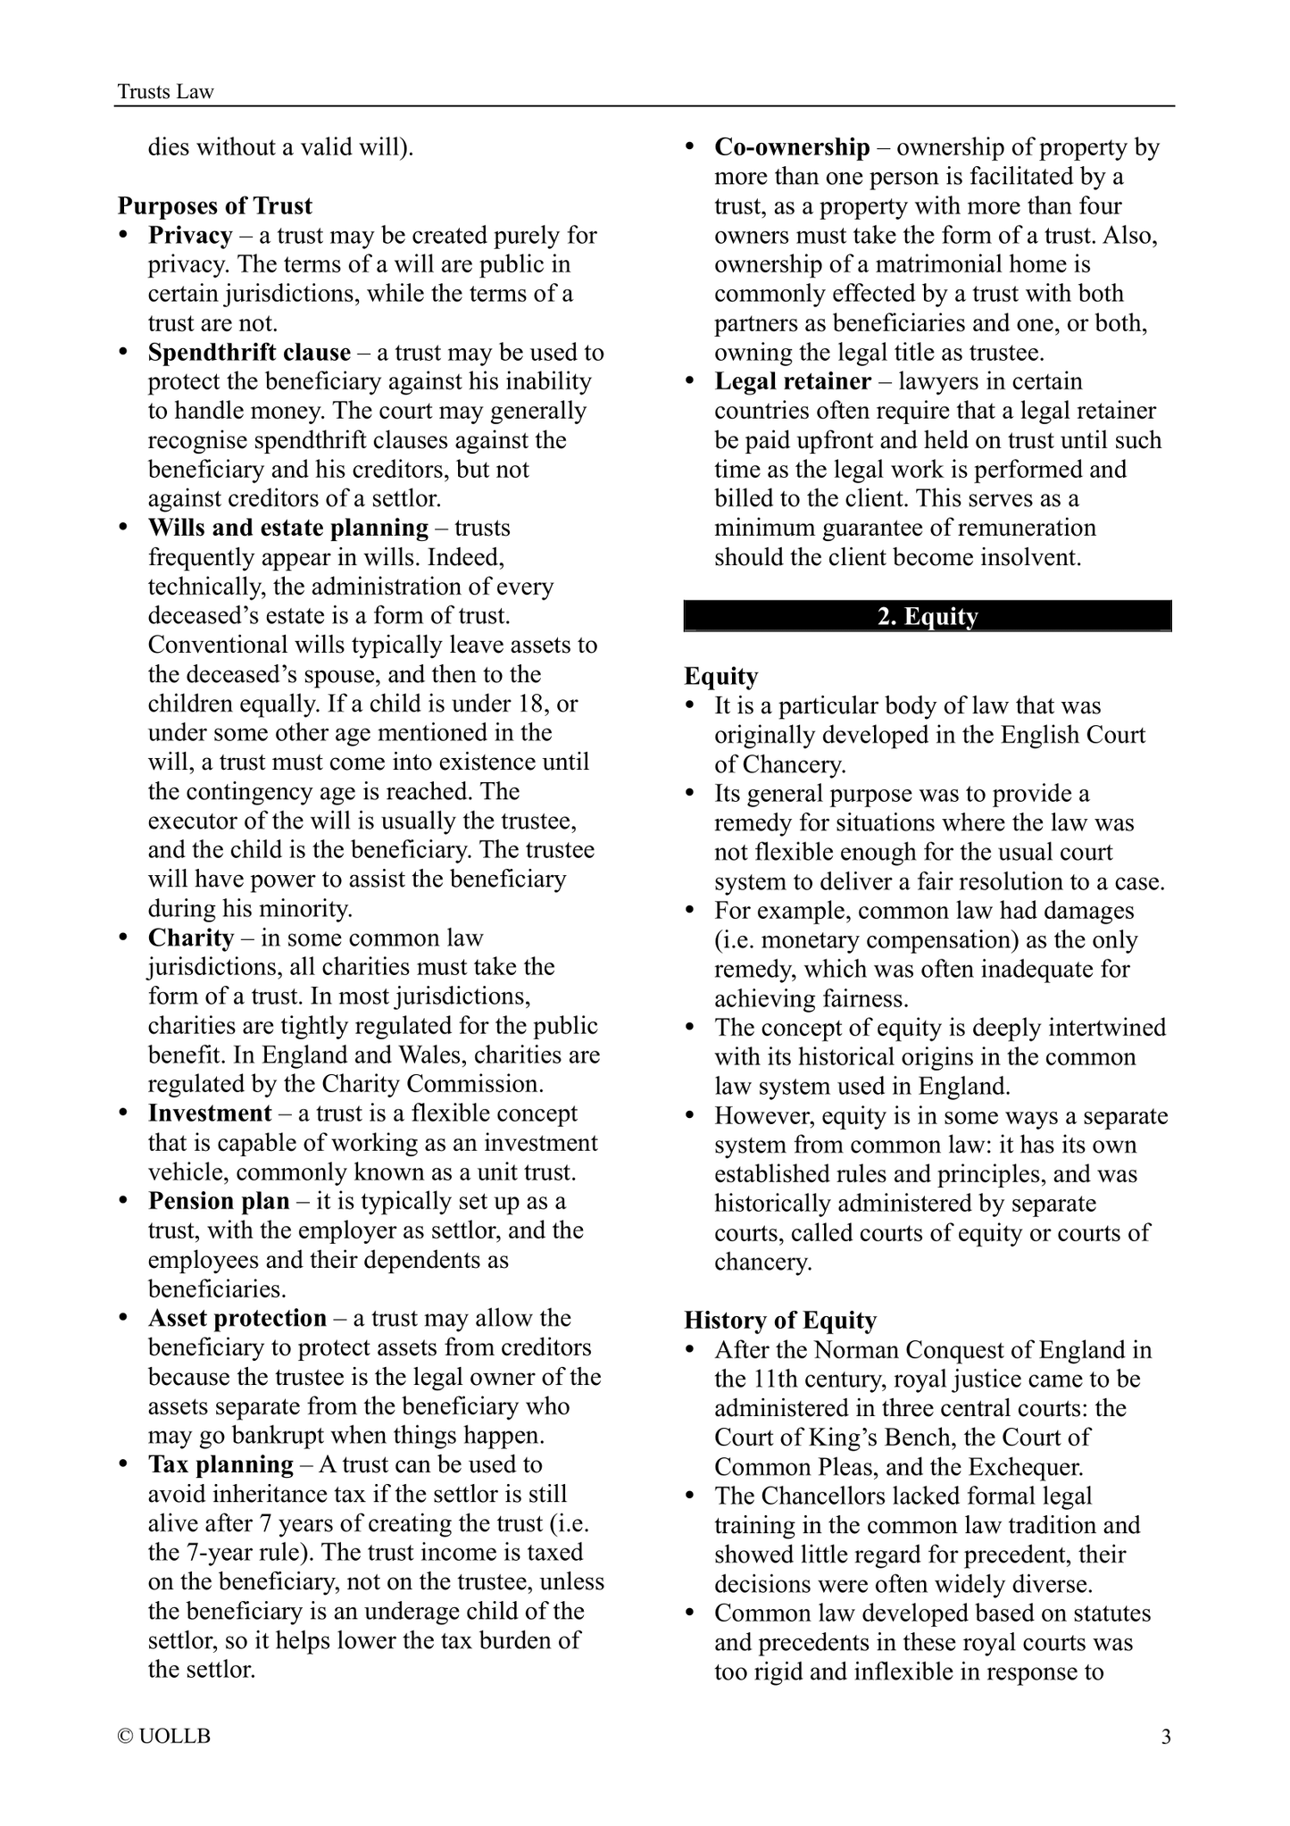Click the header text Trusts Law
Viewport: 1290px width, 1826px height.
click(x=166, y=92)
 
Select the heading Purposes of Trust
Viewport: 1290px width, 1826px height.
click(x=215, y=206)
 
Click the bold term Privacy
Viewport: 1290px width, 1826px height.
click(x=190, y=236)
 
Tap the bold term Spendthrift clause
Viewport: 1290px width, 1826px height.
click(x=249, y=353)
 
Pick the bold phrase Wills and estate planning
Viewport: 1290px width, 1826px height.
click(x=288, y=528)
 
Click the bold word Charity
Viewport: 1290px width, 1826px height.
click(x=191, y=938)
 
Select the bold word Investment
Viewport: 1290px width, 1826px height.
click(x=210, y=1113)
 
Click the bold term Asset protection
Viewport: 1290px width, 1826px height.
click(x=237, y=1318)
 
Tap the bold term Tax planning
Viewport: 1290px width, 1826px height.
click(x=221, y=1464)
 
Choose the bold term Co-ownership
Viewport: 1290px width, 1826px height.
click(x=792, y=147)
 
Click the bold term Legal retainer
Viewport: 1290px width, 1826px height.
click(x=793, y=381)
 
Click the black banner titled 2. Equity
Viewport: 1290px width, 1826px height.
click(x=928, y=617)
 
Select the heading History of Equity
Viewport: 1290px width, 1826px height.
click(x=780, y=1320)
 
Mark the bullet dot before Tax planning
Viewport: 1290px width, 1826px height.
click(x=123, y=1464)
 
